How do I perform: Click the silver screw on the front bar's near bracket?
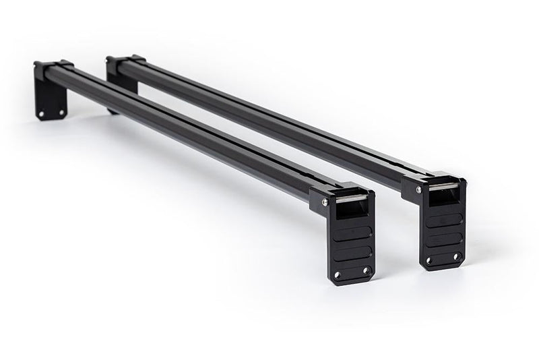pos(325,202)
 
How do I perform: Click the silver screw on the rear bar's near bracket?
pos(418,190)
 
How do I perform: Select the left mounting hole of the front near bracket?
pos(338,274)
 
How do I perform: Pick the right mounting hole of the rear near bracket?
pos(456,256)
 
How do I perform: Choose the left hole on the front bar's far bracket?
pos(41,114)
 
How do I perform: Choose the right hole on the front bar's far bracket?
pos(61,113)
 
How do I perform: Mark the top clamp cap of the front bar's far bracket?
pos(53,65)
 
